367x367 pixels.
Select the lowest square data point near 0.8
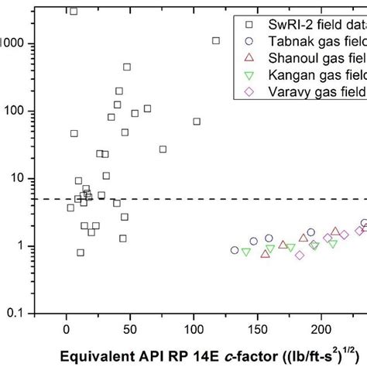coord(81,252)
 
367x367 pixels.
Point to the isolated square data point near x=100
coord(197,122)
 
